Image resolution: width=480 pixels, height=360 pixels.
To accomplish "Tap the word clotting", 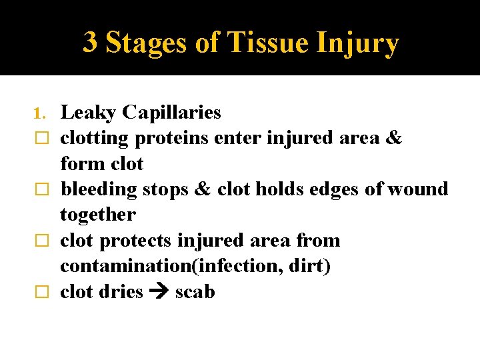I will [95, 139].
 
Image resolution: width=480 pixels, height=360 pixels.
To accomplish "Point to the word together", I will [97, 215].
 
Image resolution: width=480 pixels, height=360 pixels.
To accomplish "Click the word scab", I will [195, 292].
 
